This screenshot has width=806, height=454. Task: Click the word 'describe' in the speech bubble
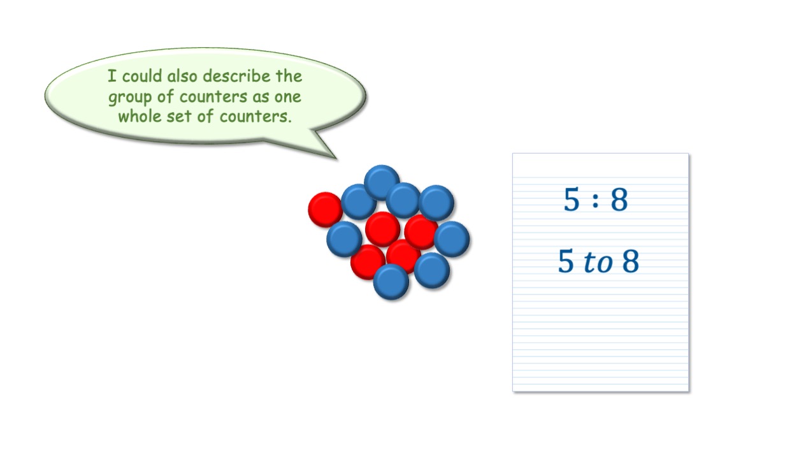click(236, 77)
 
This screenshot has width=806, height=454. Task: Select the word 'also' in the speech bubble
click(182, 77)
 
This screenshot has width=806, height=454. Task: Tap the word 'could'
click(142, 77)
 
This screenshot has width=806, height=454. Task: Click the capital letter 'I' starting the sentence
click(112, 77)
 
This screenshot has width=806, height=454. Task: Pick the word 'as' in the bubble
click(261, 97)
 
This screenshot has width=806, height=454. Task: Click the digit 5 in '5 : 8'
click(572, 199)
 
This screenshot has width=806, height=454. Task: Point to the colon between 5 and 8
click(596, 201)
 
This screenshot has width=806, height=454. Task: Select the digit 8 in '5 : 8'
click(619, 199)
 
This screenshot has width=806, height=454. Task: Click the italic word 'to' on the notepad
click(598, 262)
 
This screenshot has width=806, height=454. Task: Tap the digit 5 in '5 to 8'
click(566, 261)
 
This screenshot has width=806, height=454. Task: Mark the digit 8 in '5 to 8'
click(631, 261)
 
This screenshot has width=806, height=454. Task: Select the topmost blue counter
click(382, 182)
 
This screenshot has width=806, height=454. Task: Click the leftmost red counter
click(326, 210)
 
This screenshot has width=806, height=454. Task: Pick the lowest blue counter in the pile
click(391, 282)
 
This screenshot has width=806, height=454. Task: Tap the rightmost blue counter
click(452, 239)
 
